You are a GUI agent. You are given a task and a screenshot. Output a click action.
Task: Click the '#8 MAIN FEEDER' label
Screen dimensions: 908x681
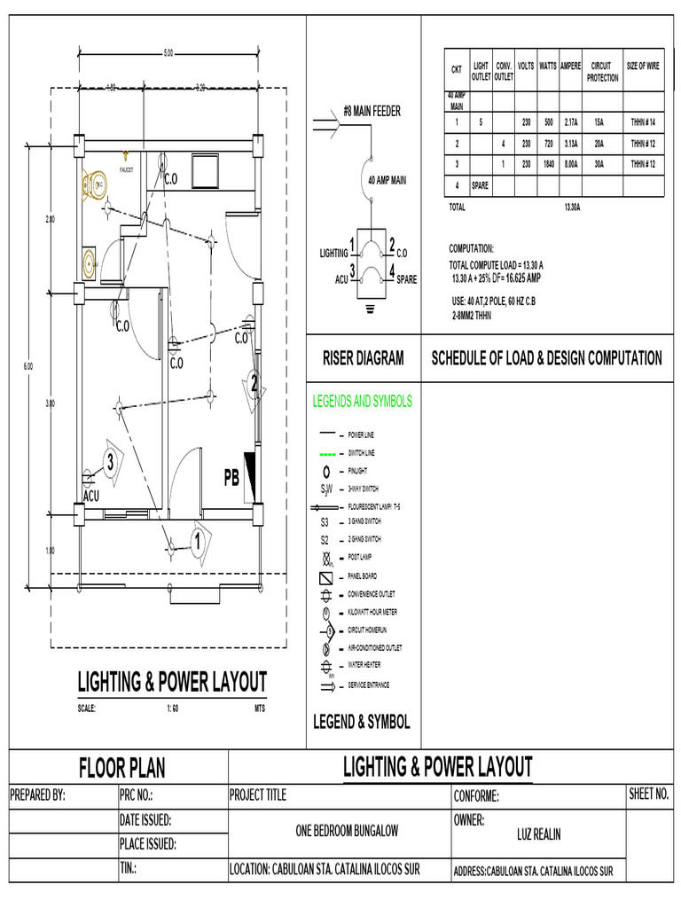[x=372, y=111]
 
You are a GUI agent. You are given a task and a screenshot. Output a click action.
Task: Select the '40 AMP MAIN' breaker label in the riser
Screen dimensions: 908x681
[x=387, y=180]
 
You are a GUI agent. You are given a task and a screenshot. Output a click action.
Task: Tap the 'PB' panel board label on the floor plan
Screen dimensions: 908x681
[x=232, y=479]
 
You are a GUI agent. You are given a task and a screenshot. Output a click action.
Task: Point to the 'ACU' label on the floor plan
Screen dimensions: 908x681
[x=91, y=496]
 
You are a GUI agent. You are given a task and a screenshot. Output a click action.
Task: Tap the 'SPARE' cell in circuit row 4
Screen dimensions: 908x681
[x=481, y=186]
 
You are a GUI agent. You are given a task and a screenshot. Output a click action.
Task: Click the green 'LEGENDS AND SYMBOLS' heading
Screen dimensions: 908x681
[x=362, y=402]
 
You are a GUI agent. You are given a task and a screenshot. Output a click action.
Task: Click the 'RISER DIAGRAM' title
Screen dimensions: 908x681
[x=363, y=358]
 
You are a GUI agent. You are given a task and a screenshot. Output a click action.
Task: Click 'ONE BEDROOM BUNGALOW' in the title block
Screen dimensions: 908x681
[x=347, y=831]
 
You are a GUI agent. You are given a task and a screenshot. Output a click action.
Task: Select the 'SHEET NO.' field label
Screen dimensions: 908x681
[x=648, y=794]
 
